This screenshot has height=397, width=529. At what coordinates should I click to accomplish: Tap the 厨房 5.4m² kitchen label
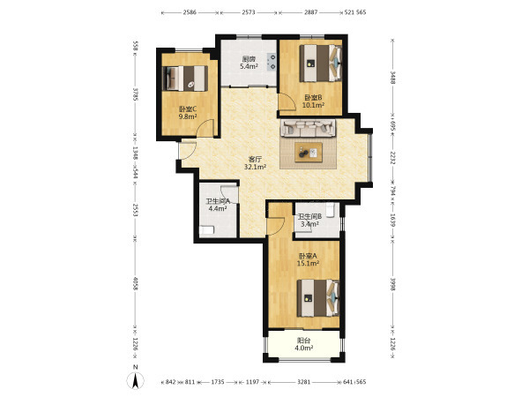249,63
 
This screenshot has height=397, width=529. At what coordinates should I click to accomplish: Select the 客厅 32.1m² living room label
256,162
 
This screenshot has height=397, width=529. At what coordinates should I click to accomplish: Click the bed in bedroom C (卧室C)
185,79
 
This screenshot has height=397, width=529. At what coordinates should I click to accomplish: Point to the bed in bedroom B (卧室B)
321,64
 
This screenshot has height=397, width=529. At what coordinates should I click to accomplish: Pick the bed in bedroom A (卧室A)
317,298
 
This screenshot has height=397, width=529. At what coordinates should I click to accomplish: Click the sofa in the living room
308,128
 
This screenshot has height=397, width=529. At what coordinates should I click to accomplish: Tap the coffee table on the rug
309,153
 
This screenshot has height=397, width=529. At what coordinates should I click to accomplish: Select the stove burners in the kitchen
272,62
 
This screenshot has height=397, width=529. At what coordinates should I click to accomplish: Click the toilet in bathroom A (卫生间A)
206,230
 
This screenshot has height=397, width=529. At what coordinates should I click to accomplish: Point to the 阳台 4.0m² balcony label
304,344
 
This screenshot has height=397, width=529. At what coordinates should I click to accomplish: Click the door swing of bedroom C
206,128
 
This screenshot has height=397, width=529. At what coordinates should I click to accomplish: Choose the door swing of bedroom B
286,101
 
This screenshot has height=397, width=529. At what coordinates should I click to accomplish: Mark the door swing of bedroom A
276,227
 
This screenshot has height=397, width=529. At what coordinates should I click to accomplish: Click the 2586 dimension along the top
190,12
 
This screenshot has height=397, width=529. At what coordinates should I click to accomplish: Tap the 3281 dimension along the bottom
303,382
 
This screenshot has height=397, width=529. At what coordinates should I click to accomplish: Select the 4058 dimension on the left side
135,284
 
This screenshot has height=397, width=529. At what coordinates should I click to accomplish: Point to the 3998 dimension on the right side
392,284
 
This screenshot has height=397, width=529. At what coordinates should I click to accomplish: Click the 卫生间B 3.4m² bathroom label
309,220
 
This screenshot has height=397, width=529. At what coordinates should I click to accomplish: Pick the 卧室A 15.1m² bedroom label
308,259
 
